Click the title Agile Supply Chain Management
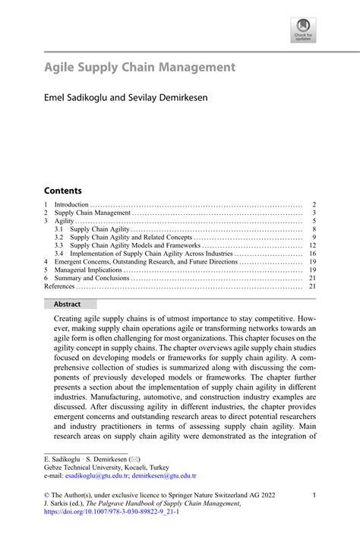(x=139, y=68)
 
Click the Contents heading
(x=62, y=190)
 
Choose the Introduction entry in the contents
(x=72, y=204)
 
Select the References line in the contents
(x=59, y=287)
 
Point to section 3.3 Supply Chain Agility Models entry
(x=135, y=245)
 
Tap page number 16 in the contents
(x=312, y=254)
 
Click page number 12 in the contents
(x=312, y=245)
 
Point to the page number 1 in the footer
(x=314, y=495)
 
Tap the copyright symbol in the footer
(x=47, y=495)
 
